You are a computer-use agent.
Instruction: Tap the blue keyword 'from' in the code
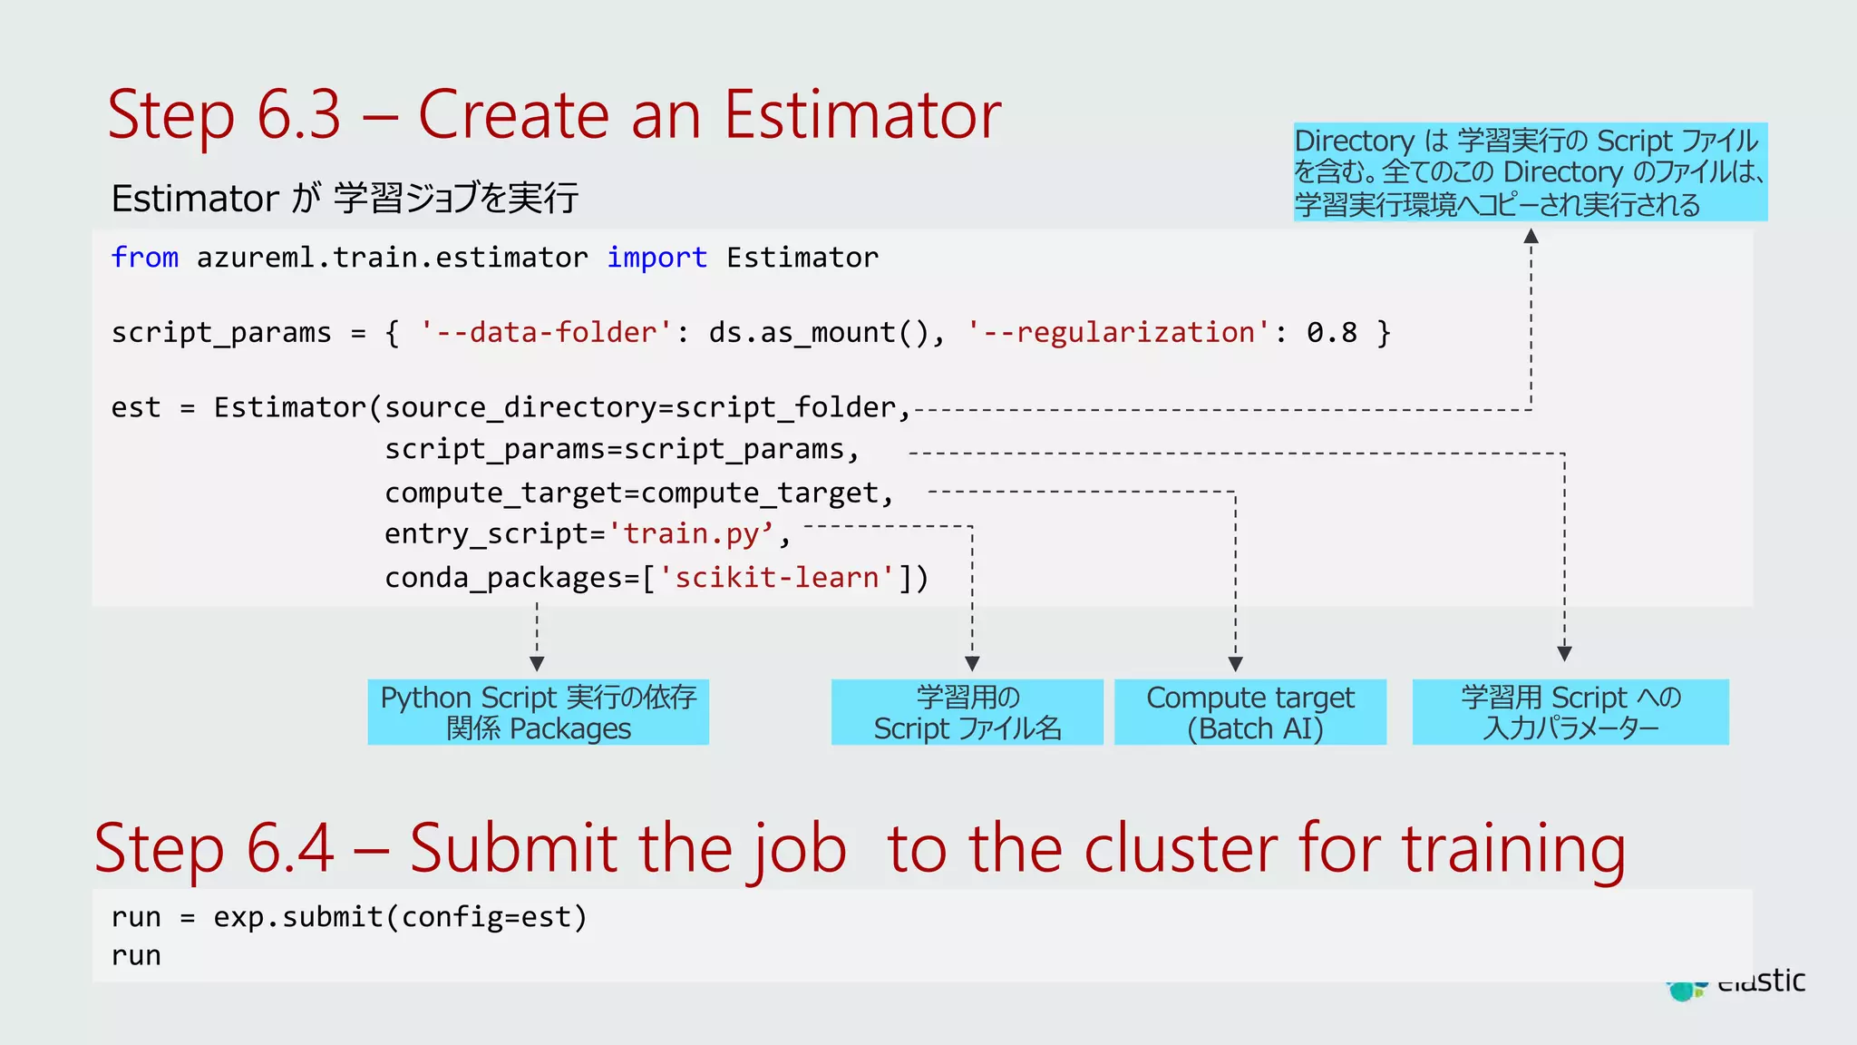(144, 258)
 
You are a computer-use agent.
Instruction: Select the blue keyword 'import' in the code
(656, 258)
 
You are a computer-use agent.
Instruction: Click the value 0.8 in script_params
(1331, 333)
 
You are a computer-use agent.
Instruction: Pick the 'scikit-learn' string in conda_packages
(777, 578)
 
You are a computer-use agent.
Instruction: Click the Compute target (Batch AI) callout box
(1249, 712)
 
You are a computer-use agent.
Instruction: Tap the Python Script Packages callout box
(538, 712)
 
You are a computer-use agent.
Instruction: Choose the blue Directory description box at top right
(1530, 172)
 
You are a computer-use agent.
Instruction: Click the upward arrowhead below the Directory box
(1531, 237)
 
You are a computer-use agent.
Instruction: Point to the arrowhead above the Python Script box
(537, 664)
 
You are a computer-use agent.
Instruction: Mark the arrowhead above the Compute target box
(1235, 664)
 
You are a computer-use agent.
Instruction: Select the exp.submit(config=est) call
(400, 917)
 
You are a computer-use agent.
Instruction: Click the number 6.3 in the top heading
(298, 115)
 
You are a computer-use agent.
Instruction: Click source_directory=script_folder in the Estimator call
(640, 408)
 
